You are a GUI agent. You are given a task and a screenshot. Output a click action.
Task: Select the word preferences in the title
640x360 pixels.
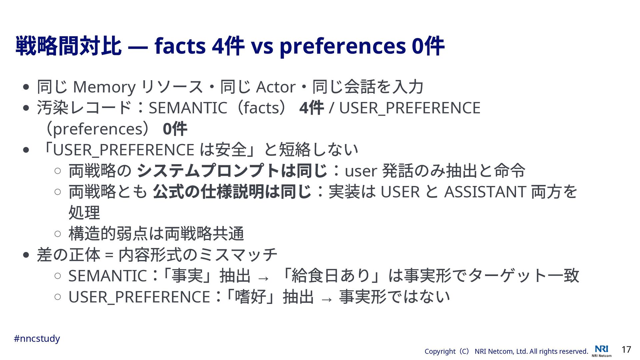pyautogui.click(x=343, y=47)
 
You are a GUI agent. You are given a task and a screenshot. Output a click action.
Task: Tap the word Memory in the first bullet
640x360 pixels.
pyautogui.click(x=104, y=87)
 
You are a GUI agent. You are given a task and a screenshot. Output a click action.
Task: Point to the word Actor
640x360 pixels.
pyautogui.click(x=276, y=87)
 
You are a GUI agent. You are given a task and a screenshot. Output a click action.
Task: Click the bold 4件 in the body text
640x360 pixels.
pyautogui.click(x=312, y=108)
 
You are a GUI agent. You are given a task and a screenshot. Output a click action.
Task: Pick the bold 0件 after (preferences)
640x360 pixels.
pyautogui.click(x=175, y=129)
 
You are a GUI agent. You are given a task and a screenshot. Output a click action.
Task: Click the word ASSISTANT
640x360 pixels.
pyautogui.click(x=485, y=192)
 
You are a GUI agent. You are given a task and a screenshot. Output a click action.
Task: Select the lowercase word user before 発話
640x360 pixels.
pyautogui.click(x=361, y=172)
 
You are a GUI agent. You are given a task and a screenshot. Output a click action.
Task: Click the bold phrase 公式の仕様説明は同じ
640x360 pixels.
pyautogui.click(x=232, y=192)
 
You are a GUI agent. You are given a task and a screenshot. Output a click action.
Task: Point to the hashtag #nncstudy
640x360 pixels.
pyautogui.click(x=37, y=339)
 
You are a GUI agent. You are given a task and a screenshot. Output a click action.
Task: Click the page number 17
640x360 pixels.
pyautogui.click(x=626, y=349)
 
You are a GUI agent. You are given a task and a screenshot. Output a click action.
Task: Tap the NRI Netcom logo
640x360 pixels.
pyautogui.click(x=602, y=351)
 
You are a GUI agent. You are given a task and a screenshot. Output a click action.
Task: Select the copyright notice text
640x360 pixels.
pyautogui.click(x=506, y=351)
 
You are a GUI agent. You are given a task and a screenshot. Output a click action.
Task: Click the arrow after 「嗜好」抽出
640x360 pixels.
pyautogui.click(x=326, y=299)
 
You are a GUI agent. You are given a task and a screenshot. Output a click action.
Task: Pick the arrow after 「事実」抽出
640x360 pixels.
pyautogui.click(x=263, y=278)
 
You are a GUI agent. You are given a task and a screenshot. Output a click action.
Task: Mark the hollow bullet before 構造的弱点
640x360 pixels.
pyautogui.click(x=57, y=234)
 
